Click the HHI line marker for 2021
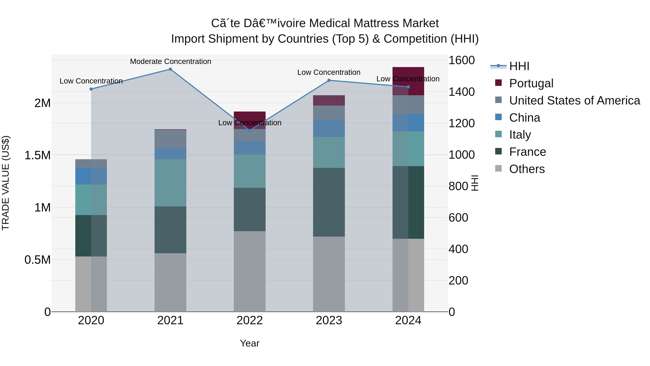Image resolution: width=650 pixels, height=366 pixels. click(170, 69)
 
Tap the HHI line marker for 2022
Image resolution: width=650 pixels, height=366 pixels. click(250, 130)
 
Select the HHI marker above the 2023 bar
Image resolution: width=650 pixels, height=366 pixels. click(329, 80)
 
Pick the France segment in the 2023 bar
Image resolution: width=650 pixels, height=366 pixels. click(329, 202)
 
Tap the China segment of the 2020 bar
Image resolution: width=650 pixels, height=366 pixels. click(91, 176)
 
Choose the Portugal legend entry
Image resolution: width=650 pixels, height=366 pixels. click(531, 83)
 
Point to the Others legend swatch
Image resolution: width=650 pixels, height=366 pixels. click(498, 168)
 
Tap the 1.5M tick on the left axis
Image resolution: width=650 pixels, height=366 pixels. click(38, 155)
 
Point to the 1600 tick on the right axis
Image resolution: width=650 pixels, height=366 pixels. click(461, 60)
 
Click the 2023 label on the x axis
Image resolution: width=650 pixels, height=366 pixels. click(329, 320)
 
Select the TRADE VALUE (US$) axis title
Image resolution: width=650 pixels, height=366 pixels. click(6, 183)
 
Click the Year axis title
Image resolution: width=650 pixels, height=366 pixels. click(250, 343)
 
